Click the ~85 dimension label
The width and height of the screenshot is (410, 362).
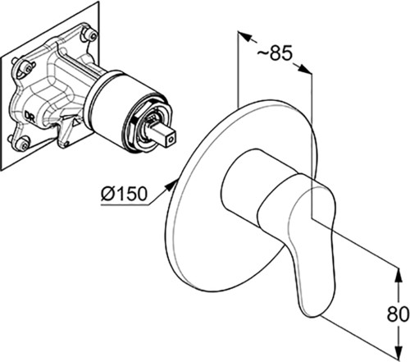[275, 53]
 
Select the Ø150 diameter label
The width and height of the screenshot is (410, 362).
[124, 194]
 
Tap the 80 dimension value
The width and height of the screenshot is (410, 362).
[399, 314]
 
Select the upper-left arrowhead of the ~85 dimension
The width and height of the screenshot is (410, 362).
[244, 36]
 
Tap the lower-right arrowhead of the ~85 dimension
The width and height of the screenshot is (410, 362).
[305, 69]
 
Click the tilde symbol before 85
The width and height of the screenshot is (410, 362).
[263, 54]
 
